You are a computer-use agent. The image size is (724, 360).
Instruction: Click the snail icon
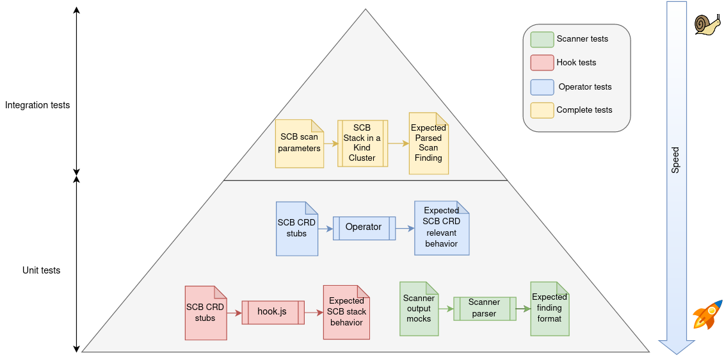click(707, 24)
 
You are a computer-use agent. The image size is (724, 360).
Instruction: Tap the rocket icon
click(707, 314)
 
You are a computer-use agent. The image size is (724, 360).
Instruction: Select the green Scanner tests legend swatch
click(542, 39)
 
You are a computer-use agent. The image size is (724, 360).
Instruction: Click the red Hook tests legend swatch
click(542, 63)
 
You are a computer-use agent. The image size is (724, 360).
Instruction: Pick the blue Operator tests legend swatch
click(542, 87)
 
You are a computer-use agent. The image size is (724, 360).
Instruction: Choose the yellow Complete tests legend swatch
click(542, 110)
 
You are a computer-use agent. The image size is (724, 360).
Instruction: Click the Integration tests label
click(37, 105)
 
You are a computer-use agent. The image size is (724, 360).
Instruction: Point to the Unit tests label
click(41, 270)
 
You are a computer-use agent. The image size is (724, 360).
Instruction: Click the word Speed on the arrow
click(675, 160)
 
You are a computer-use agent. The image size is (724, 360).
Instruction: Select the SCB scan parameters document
click(299, 143)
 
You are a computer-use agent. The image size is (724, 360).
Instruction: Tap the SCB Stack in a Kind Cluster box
click(362, 143)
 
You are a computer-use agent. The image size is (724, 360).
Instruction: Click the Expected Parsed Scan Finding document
click(428, 143)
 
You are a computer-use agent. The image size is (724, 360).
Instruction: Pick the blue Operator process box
click(364, 227)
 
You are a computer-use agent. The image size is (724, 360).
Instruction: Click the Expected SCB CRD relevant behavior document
click(441, 228)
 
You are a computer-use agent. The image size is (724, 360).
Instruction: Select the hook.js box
click(272, 312)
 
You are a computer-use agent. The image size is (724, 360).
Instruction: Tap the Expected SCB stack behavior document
click(346, 312)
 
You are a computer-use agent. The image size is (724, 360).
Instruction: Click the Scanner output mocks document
click(419, 309)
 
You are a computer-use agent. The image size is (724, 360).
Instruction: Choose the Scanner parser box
click(484, 308)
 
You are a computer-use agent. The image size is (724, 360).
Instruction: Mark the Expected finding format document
click(549, 309)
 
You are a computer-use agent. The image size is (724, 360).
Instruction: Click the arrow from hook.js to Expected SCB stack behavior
click(314, 313)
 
